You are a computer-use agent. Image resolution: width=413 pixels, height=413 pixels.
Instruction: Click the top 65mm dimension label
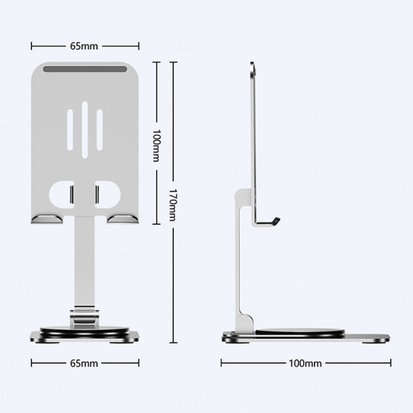84,46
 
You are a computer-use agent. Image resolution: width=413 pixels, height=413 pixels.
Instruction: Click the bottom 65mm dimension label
84,363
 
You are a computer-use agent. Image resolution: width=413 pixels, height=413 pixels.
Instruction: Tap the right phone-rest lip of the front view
122,219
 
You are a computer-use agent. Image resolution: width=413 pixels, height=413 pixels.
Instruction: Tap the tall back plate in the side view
254,138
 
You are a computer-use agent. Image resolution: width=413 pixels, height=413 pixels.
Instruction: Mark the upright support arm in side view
240,259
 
